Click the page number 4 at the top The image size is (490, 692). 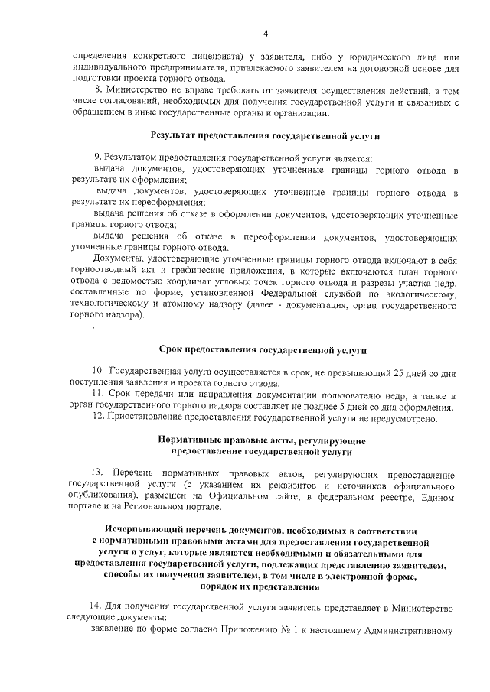coord(265,33)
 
